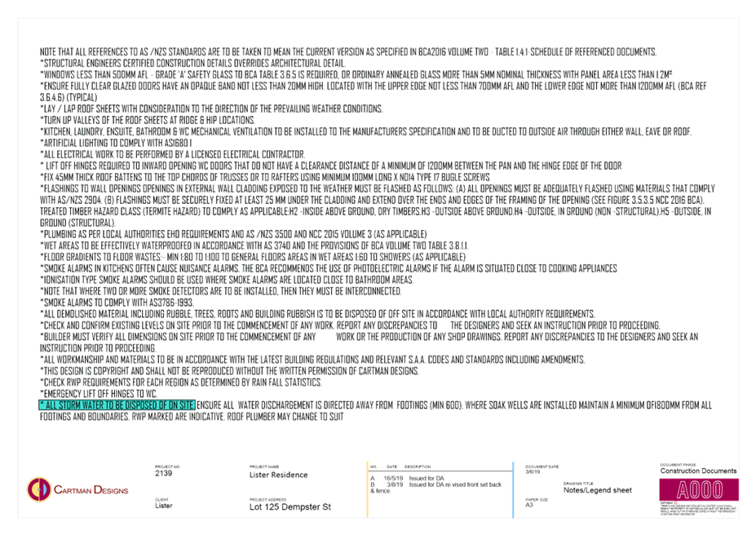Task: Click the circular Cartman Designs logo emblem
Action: [37, 489]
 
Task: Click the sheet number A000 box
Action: [699, 489]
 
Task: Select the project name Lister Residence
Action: [278, 475]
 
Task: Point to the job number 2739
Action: [163, 473]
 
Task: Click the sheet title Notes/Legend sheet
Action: [596, 490]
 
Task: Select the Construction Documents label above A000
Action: [697, 471]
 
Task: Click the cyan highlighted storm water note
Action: [117, 404]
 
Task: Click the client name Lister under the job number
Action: [163, 506]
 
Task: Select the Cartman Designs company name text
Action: [91, 490]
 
